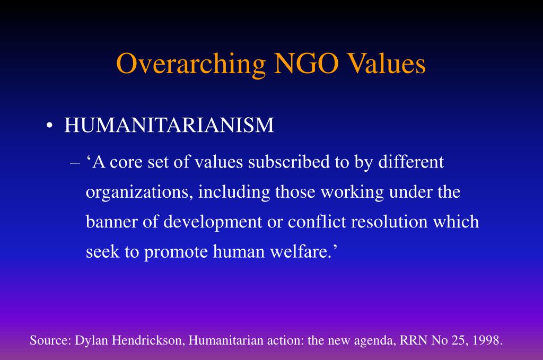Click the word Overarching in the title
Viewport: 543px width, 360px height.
tap(191, 64)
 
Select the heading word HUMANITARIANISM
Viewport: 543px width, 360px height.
tap(169, 125)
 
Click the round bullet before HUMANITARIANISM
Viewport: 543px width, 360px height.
tap(49, 126)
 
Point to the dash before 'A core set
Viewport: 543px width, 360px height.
tap(74, 163)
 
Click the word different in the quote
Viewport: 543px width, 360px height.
tap(410, 162)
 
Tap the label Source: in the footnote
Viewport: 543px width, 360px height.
tap(50, 340)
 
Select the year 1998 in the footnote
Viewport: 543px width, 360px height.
tap(487, 340)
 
